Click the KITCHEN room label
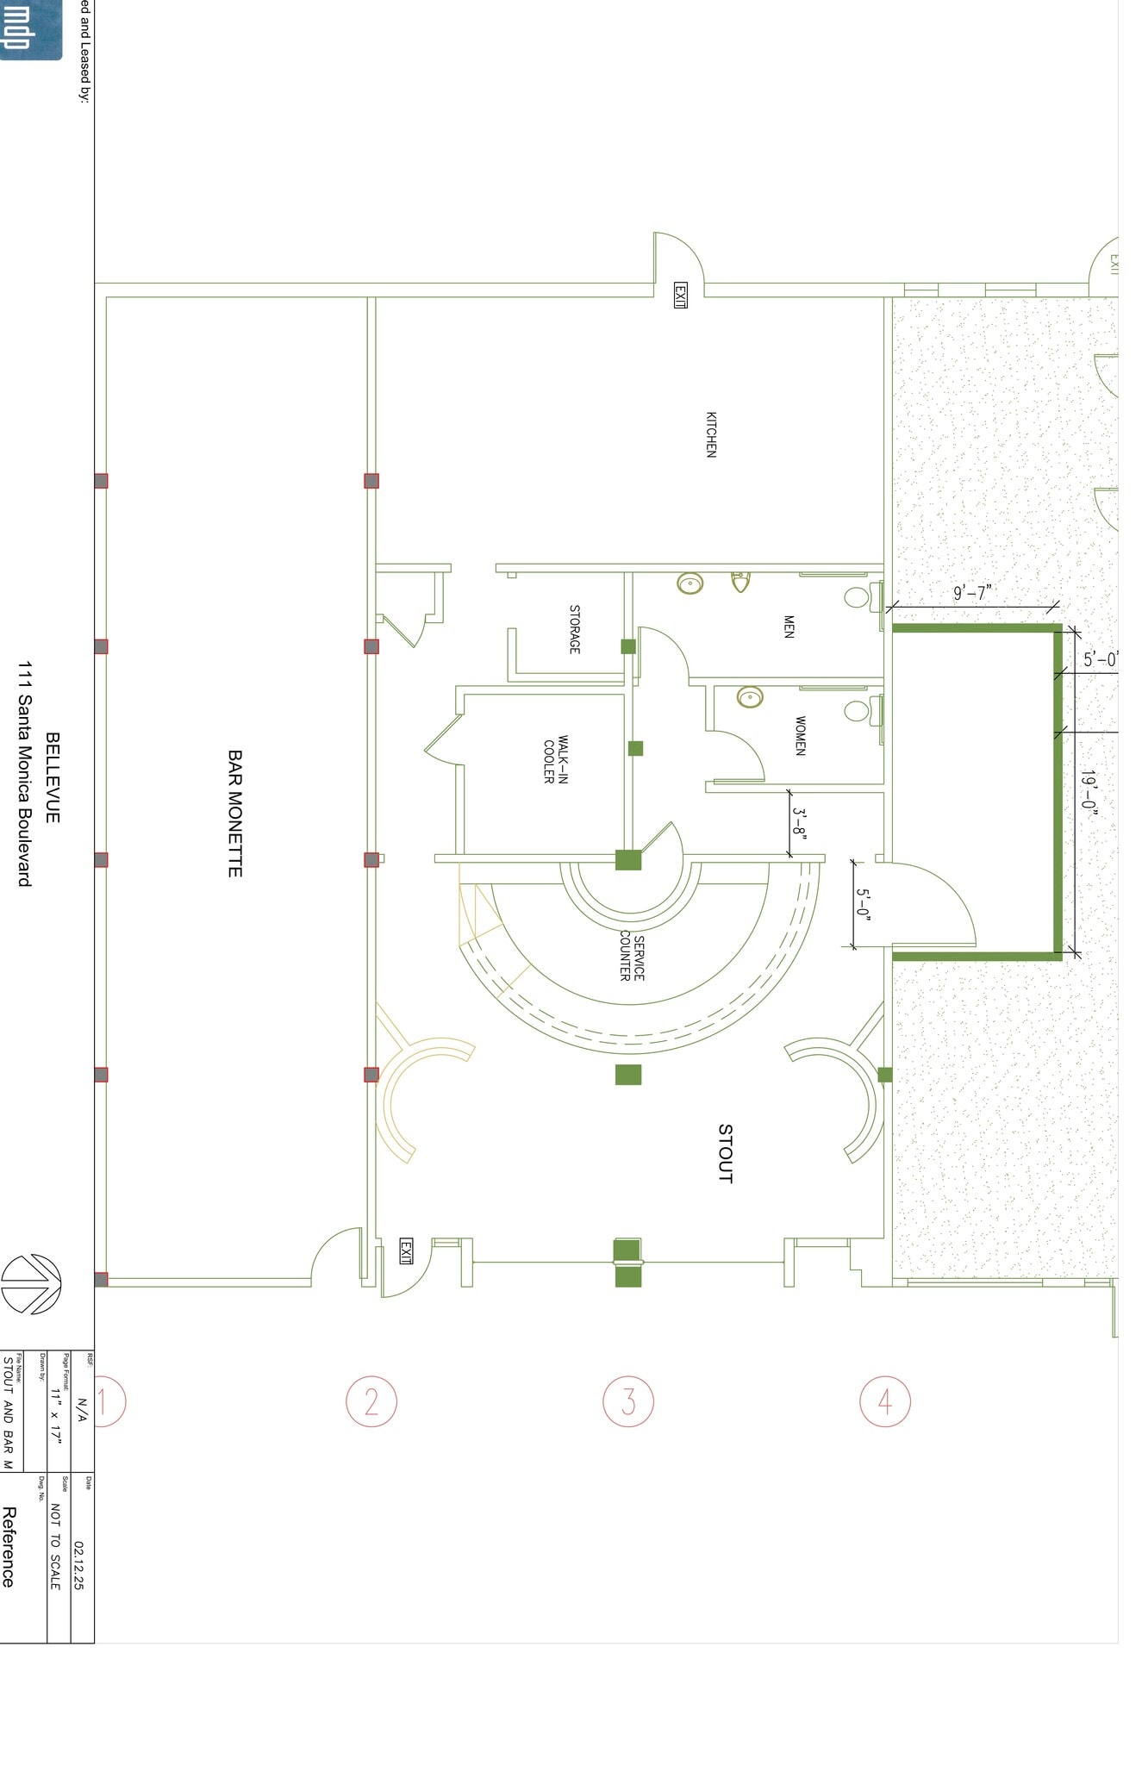point(711,434)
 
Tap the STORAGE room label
point(575,629)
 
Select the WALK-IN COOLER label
point(556,759)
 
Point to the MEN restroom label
point(789,627)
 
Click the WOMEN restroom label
point(801,736)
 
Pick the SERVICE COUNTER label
point(632,957)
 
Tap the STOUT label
point(726,1153)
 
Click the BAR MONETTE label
point(234,813)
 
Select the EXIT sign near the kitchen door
point(680,296)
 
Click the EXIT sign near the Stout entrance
point(406,1251)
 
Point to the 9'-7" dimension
point(972,593)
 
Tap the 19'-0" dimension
point(1090,793)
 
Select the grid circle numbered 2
point(371,1402)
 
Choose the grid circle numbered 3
point(628,1402)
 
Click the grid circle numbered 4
point(885,1402)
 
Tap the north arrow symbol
point(31,1284)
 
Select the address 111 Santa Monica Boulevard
point(25,774)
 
